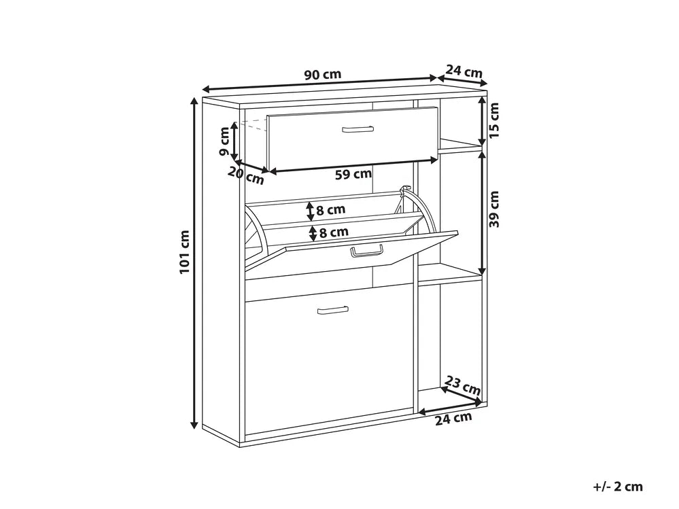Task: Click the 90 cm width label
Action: point(323,75)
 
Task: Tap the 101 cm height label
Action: point(185,252)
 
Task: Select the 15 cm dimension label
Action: point(494,120)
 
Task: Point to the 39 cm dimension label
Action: point(494,209)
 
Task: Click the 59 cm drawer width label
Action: point(353,174)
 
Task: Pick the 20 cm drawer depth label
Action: point(245,175)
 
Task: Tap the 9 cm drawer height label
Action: point(224,141)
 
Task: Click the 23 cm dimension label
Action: point(463,385)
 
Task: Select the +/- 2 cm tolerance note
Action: point(618,487)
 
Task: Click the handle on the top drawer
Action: point(358,129)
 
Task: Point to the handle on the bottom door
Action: point(332,311)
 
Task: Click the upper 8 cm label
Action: point(331,210)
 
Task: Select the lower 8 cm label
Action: point(334,232)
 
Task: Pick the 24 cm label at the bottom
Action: point(453,419)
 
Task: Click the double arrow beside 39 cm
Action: point(482,213)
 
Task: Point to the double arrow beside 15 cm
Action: point(482,122)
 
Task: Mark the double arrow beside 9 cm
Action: point(234,141)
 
